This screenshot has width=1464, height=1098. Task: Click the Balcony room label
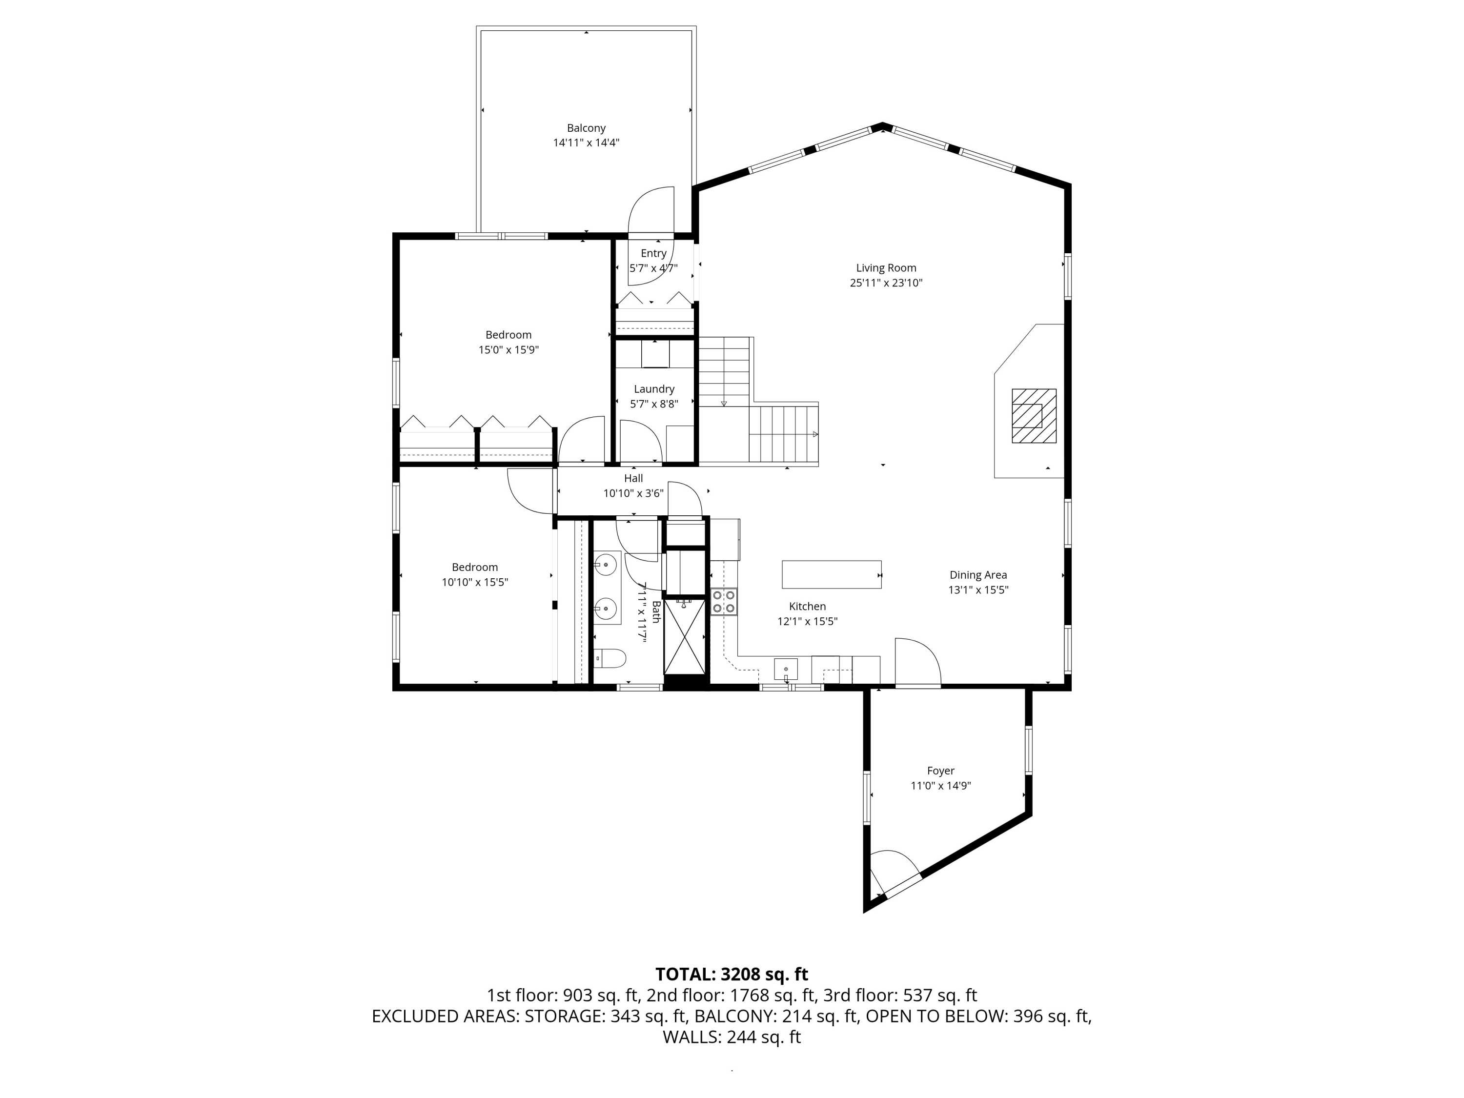pyautogui.click(x=586, y=128)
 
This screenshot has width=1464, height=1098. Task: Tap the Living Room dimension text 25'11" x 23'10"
pyautogui.click(x=886, y=283)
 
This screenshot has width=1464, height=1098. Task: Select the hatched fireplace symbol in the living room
pyautogui.click(x=1034, y=416)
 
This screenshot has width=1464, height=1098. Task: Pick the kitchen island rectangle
pyautogui.click(x=831, y=574)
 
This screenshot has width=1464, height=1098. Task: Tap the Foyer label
pyautogui.click(x=940, y=771)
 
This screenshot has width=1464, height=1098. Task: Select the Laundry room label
pyautogui.click(x=654, y=389)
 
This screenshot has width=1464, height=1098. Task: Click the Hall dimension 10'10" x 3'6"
pyautogui.click(x=633, y=493)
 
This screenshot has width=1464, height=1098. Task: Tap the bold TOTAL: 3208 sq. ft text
pyautogui.click(x=732, y=974)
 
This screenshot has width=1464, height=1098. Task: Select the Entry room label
pyautogui.click(x=653, y=253)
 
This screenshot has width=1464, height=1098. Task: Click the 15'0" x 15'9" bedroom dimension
pyautogui.click(x=509, y=350)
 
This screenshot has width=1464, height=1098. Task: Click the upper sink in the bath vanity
pyautogui.click(x=605, y=565)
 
